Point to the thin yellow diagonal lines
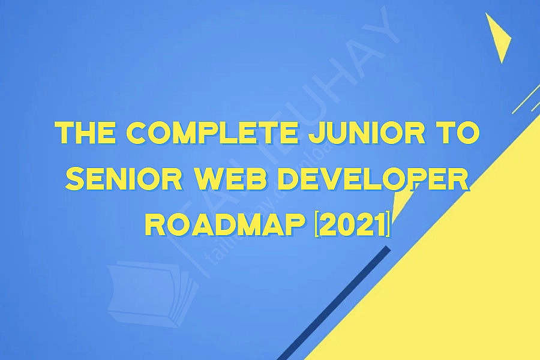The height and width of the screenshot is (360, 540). coord(525,99)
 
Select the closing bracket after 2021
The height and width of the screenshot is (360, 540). coord(389,225)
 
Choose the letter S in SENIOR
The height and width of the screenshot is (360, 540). coord(73,179)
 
